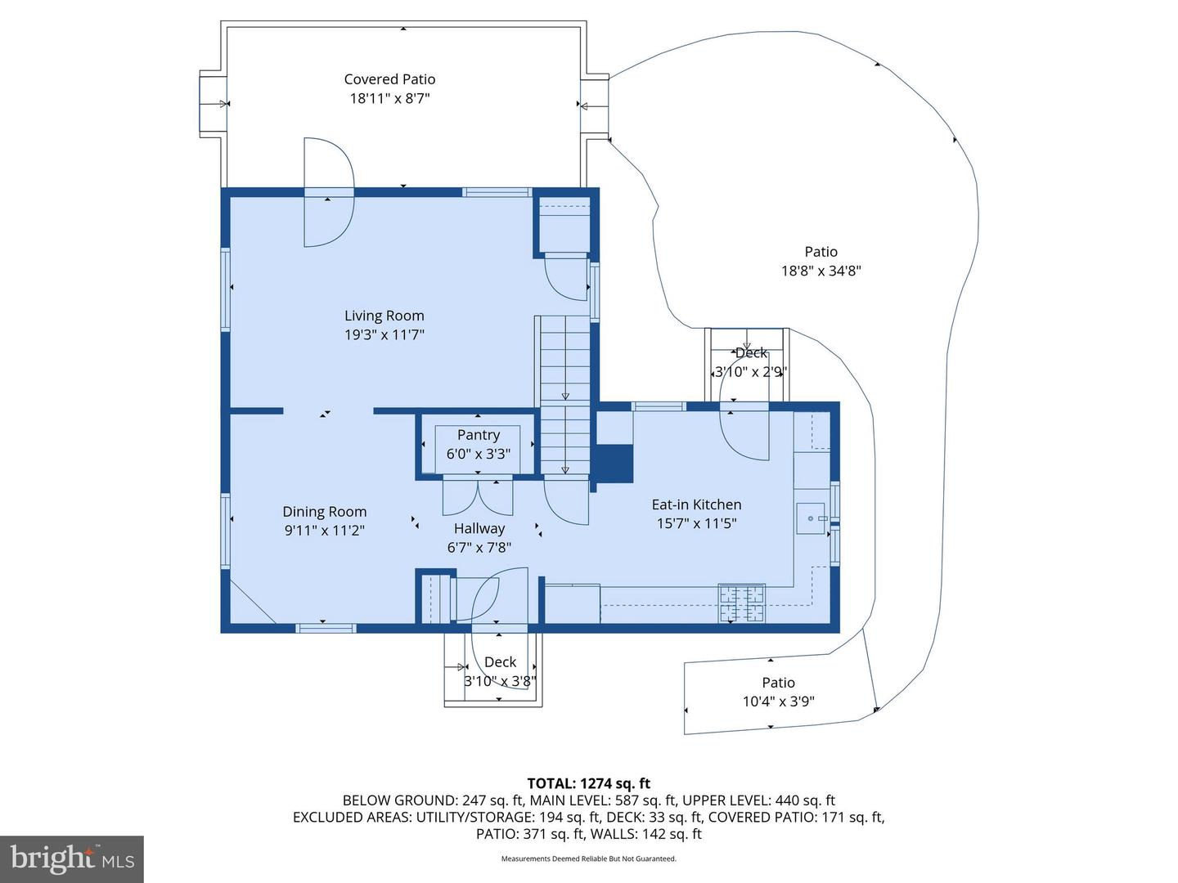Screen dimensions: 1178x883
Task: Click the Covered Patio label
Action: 389,79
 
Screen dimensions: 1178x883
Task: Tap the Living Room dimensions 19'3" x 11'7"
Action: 384,335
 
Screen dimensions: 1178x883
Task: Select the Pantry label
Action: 479,435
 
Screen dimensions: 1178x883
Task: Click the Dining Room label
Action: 324,512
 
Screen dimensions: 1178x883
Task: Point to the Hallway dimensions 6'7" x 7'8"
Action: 479,548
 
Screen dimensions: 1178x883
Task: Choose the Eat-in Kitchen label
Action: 696,504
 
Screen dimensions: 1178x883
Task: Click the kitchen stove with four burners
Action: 742,603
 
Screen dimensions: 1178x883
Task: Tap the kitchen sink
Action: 811,518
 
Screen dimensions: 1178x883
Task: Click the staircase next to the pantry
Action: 564,395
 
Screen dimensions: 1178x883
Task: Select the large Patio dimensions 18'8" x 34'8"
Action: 821,271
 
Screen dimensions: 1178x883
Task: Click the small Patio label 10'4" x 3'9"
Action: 778,692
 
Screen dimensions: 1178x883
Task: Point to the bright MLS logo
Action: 72,858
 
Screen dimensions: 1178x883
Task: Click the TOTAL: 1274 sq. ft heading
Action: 589,783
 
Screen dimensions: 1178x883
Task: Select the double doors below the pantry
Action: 478,498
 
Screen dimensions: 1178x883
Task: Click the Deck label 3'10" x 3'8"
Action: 500,671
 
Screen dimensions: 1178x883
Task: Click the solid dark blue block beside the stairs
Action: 613,464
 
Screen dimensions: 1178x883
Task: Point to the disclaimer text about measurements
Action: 589,858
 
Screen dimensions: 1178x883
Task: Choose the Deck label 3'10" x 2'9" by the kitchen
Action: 750,362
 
